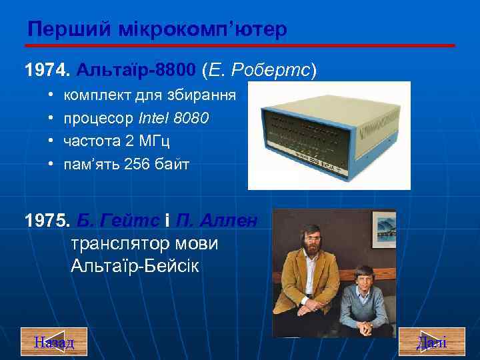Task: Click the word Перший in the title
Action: click(61, 29)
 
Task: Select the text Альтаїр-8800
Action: click(137, 69)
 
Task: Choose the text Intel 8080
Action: click(174, 118)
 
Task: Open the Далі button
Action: click(431, 343)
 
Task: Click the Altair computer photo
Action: click(329, 135)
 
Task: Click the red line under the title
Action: click(240, 45)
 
